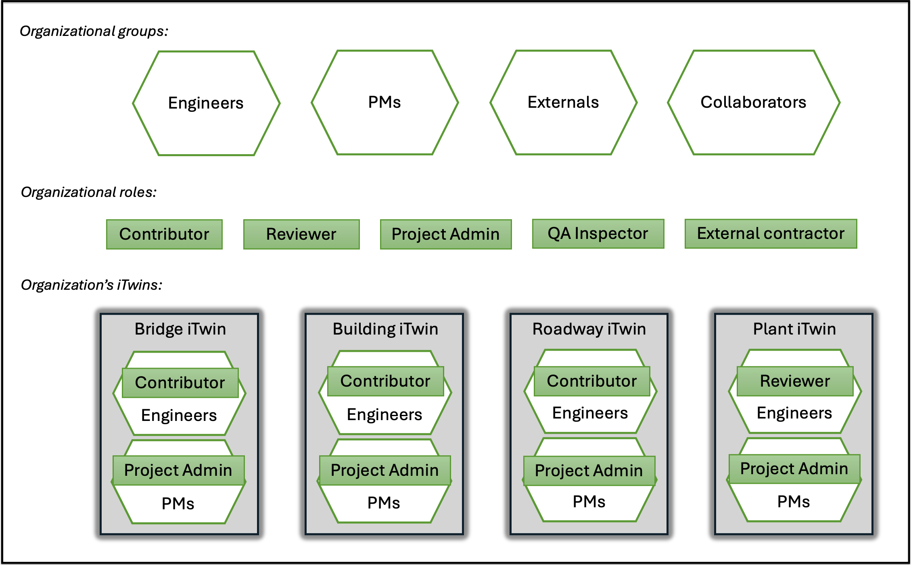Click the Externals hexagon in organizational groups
tap(563, 103)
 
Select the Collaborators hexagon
tap(753, 103)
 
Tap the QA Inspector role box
tap(598, 234)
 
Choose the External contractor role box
tap(771, 234)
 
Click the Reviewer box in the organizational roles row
tap(301, 234)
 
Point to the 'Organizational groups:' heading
tap(94, 31)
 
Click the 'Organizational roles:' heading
tap(89, 192)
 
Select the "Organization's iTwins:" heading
tap(92, 285)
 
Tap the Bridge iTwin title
tap(180, 329)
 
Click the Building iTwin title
tap(385, 329)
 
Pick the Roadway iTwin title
tap(589, 329)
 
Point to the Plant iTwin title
tap(794, 329)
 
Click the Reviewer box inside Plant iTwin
tap(795, 381)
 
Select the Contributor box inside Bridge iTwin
tap(180, 383)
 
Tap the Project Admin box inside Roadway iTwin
tap(589, 471)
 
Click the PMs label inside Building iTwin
tap(384, 503)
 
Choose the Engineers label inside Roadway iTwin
tap(590, 413)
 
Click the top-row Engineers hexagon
tap(206, 103)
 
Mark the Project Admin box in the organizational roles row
tap(446, 234)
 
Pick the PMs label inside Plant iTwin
tap(794, 502)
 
